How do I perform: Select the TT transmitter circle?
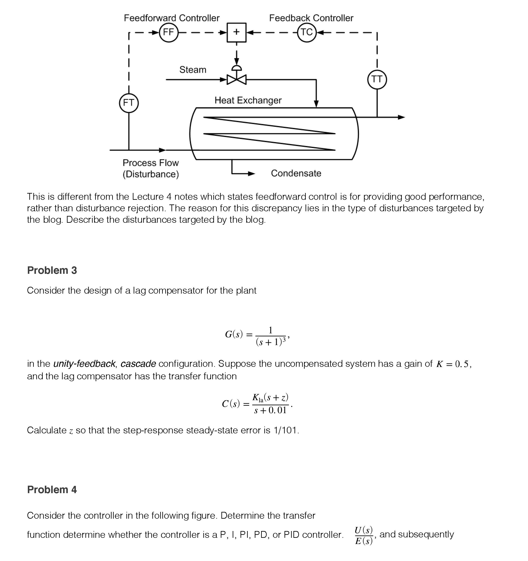(377, 80)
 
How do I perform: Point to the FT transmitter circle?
(129, 103)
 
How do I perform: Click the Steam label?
(193, 70)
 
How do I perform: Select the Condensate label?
(296, 173)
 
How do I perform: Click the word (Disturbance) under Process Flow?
(151, 174)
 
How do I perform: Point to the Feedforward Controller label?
(171, 18)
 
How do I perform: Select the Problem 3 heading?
(52, 270)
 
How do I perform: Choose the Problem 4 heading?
(52, 490)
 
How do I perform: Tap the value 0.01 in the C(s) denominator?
(277, 410)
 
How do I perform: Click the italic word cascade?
(138, 364)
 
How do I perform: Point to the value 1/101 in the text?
(285, 430)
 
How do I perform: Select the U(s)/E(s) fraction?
(364, 535)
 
